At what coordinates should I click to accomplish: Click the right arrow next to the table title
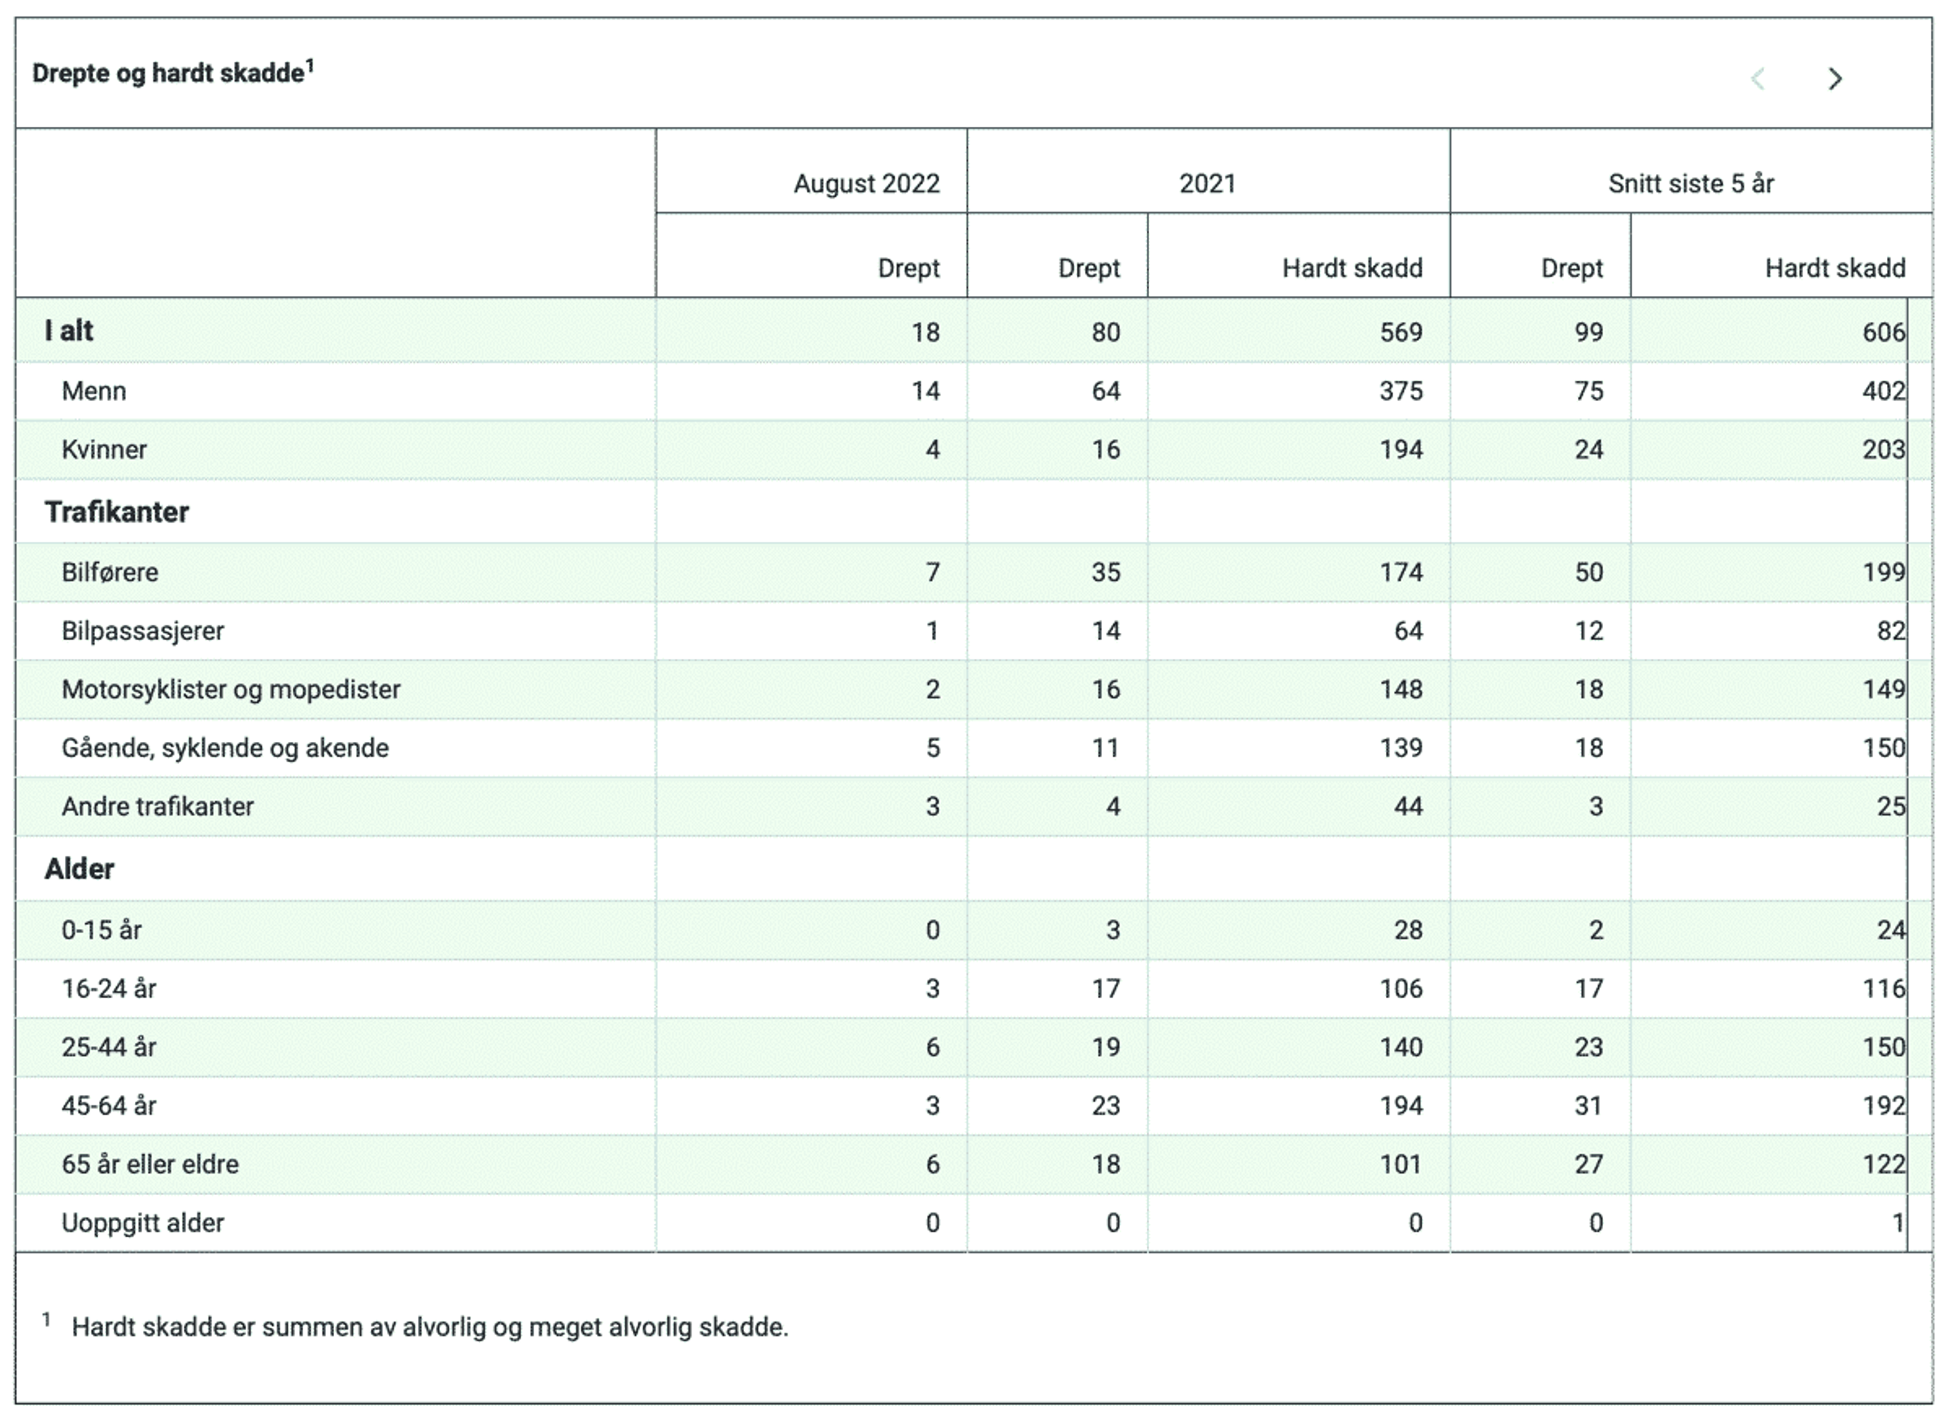point(1835,79)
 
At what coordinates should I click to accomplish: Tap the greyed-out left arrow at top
point(1758,79)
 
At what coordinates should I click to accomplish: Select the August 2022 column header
point(867,183)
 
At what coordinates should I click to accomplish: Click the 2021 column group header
point(1208,183)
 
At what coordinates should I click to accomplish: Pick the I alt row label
point(68,331)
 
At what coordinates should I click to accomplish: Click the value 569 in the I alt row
point(1402,333)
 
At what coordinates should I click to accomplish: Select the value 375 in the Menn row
point(1402,392)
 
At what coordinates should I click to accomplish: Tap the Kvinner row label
point(104,450)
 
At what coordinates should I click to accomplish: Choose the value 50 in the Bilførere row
point(1589,573)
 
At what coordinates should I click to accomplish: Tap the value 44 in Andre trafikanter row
point(1408,807)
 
